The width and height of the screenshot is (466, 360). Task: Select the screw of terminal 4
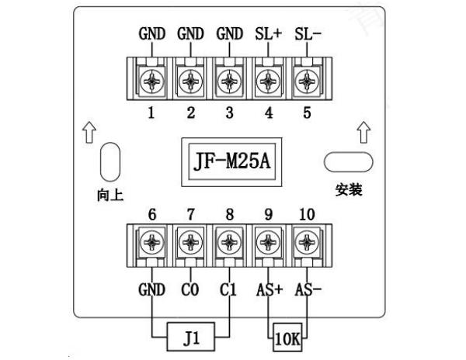point(268,78)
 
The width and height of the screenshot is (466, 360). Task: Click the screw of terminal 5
point(307,78)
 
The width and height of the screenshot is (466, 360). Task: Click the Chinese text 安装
point(348,190)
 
